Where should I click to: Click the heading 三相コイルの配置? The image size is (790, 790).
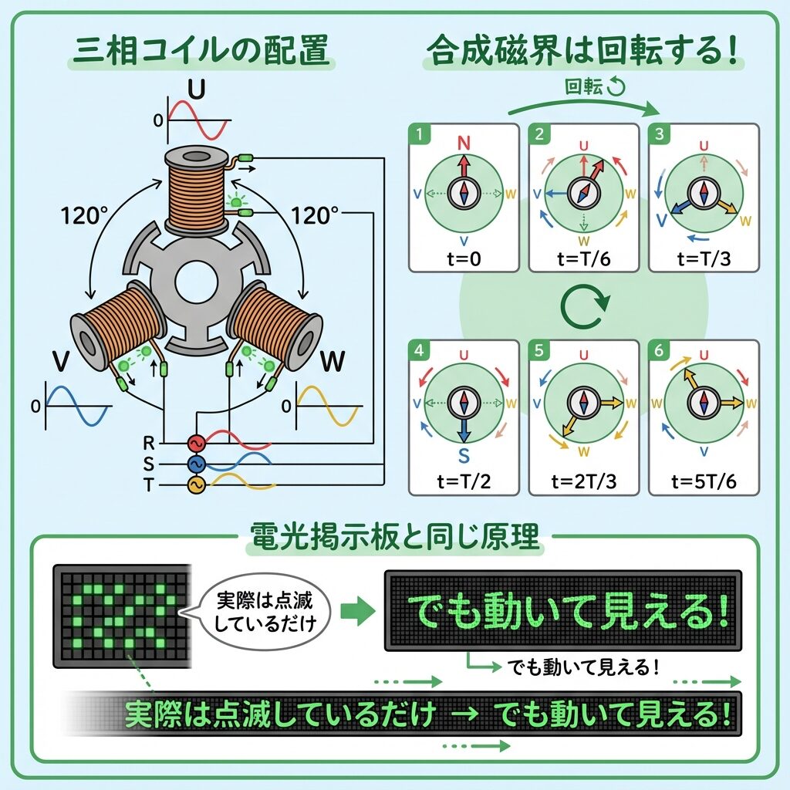[x=198, y=52]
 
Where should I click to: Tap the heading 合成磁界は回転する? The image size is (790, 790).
[x=583, y=52]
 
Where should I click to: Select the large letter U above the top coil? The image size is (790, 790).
[x=197, y=90]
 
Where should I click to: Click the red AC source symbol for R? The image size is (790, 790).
[x=197, y=443]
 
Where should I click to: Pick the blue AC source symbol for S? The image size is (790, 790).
[x=197, y=464]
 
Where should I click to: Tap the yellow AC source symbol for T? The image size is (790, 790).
[x=197, y=484]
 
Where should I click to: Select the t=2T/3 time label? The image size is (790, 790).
[x=584, y=481]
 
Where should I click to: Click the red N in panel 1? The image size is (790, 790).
[x=464, y=143]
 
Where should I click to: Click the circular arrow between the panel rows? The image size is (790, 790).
[x=584, y=307]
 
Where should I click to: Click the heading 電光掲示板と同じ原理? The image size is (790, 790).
[x=395, y=538]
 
